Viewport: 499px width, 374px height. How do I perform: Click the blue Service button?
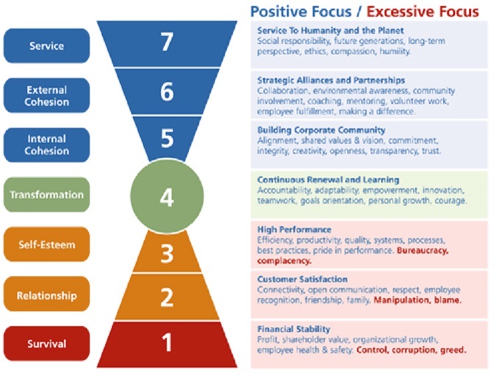pyautogui.click(x=47, y=45)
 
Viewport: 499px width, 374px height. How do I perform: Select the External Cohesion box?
pyautogui.click(x=47, y=95)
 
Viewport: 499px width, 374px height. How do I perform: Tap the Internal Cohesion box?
pyautogui.click(x=47, y=145)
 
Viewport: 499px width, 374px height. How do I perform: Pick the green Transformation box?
pyautogui.click(x=47, y=194)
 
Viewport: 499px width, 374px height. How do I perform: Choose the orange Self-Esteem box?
pyautogui.click(x=47, y=244)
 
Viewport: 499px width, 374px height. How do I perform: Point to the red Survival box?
pyautogui.click(x=47, y=343)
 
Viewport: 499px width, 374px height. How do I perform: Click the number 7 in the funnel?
pyautogui.click(x=167, y=42)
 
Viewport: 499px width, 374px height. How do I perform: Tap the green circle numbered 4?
pyautogui.click(x=167, y=196)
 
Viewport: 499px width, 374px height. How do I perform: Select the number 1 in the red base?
pyautogui.click(x=168, y=343)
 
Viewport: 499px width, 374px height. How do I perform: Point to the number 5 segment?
pyautogui.click(x=167, y=138)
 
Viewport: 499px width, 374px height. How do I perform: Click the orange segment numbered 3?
pyautogui.click(x=167, y=252)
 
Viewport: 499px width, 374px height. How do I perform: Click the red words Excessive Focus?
pyautogui.click(x=422, y=12)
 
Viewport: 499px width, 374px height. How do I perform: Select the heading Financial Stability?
pyautogui.click(x=293, y=329)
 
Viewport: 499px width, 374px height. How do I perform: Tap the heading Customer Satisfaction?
pyautogui.click(x=302, y=279)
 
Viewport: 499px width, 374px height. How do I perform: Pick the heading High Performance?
pyautogui.click(x=294, y=230)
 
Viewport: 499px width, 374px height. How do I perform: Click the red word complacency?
pyautogui.click(x=284, y=261)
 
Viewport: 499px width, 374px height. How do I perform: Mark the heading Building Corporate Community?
pyautogui.click(x=321, y=130)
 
